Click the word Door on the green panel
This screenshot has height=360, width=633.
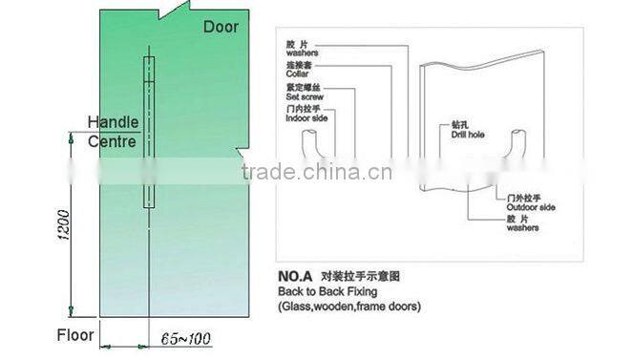coord(222,26)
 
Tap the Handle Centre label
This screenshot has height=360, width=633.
coord(113,132)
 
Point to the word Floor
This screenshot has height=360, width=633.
coord(74,335)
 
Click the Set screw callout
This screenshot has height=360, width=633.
coord(303,97)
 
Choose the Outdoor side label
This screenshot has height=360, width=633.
coord(532,206)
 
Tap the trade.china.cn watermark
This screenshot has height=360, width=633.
coord(311,173)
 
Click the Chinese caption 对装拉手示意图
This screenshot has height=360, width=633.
coord(362,276)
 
